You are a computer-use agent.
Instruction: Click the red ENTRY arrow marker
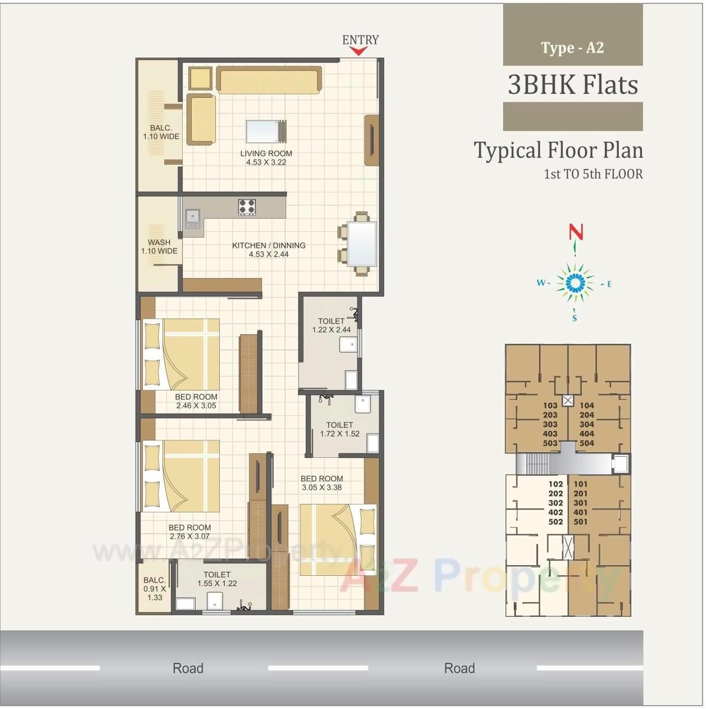(358, 51)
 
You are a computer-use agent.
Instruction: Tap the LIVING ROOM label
(266, 158)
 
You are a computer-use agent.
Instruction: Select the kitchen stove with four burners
(247, 207)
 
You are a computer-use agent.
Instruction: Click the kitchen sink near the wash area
(193, 218)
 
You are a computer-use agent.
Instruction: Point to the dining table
(361, 244)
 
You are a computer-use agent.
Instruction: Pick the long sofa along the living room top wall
(269, 80)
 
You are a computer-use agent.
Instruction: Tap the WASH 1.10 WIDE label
(159, 247)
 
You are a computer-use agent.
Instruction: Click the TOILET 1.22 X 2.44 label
(331, 325)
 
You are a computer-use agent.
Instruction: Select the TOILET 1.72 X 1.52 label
(340, 429)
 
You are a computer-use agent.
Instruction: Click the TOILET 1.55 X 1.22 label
(217, 579)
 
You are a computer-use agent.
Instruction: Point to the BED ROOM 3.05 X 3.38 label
(322, 483)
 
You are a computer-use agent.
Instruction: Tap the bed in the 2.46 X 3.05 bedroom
(181, 354)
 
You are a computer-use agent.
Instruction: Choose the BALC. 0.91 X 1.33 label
(155, 588)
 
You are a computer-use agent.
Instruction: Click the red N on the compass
(576, 232)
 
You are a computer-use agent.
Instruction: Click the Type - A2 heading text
(572, 48)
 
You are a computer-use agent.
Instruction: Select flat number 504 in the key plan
(586, 443)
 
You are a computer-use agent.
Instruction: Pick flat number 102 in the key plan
(555, 484)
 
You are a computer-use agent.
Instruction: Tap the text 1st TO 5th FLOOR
(593, 174)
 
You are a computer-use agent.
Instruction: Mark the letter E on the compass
(609, 284)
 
